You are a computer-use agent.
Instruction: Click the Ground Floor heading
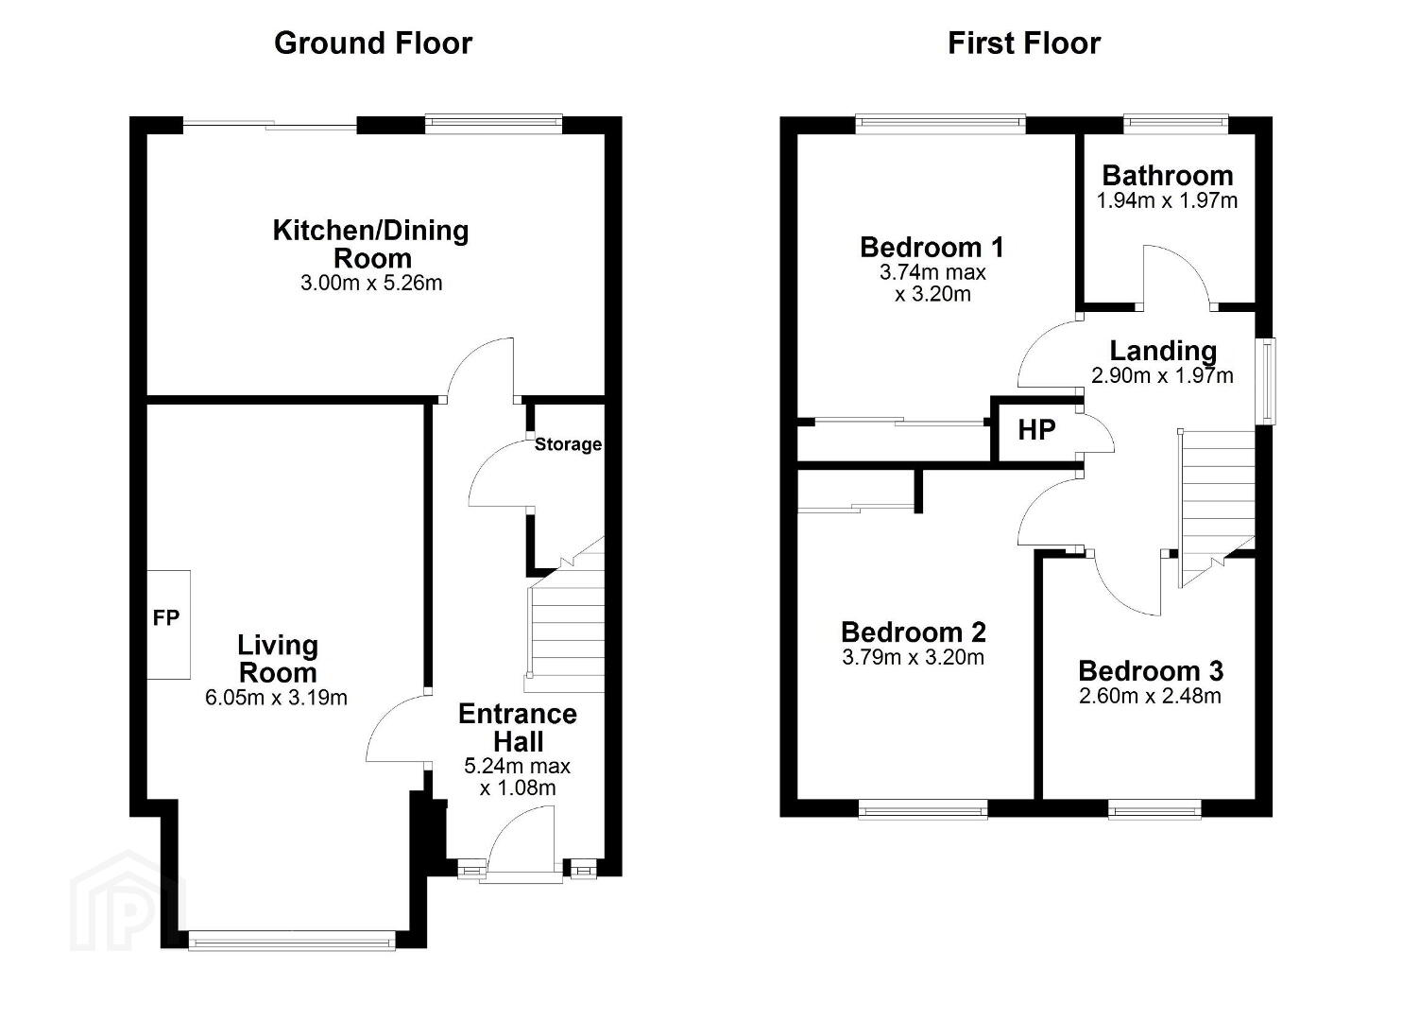(x=373, y=43)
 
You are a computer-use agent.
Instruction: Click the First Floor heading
(x=1024, y=43)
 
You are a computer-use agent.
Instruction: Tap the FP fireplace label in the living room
(x=166, y=618)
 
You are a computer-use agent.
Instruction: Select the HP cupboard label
(x=1036, y=430)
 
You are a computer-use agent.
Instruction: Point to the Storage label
(x=569, y=444)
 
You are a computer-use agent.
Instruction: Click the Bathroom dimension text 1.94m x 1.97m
(x=1168, y=201)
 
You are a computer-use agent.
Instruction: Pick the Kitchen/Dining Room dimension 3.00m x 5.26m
(x=371, y=283)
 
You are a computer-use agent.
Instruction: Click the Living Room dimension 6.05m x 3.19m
(x=276, y=698)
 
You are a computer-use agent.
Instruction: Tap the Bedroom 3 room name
(x=1151, y=671)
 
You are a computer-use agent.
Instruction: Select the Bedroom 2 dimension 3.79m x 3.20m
(x=914, y=658)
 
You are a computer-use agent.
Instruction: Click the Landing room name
(x=1163, y=352)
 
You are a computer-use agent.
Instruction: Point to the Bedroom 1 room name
(x=932, y=248)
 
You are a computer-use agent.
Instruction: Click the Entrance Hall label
(x=518, y=728)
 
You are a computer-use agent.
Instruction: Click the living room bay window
(x=292, y=941)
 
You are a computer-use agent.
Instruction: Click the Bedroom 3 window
(x=1154, y=810)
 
